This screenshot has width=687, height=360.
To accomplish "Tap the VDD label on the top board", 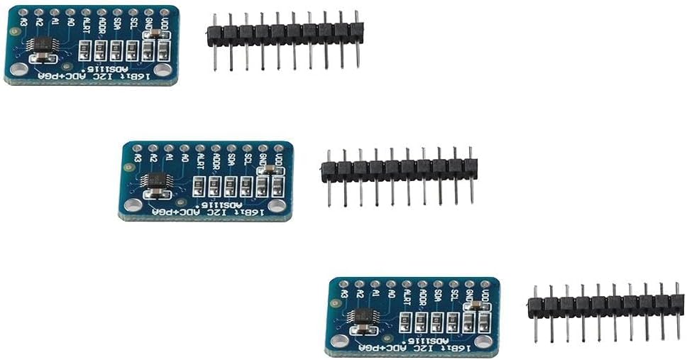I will pyautogui.click(x=165, y=27).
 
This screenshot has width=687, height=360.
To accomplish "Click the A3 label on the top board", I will pyautogui.click(x=23, y=23).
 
